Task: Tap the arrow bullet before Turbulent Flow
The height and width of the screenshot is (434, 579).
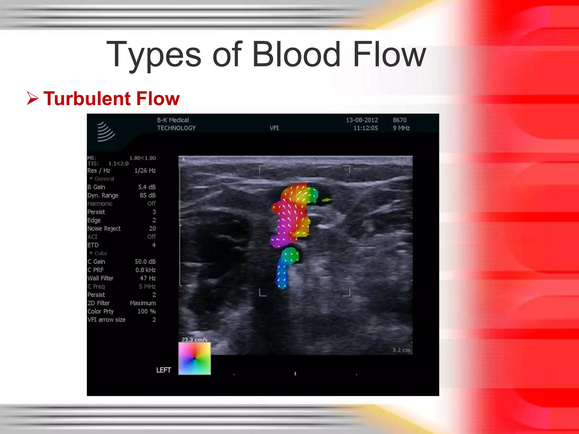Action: tap(33, 98)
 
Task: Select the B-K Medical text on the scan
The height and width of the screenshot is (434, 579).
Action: tap(173, 120)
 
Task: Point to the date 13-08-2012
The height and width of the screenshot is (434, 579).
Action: tap(362, 120)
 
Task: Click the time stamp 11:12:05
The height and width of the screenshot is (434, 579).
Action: tap(366, 128)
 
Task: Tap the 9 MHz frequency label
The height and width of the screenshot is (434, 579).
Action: tap(401, 128)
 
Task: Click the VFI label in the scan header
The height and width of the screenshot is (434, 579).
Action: tap(274, 128)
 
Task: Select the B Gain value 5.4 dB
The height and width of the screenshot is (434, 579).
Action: tap(147, 187)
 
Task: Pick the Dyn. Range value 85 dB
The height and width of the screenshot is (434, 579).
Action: tap(148, 195)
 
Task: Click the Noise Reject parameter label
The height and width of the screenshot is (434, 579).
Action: tap(104, 228)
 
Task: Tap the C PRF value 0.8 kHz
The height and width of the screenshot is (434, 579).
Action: tap(145, 270)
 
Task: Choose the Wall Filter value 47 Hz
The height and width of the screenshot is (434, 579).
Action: tap(148, 278)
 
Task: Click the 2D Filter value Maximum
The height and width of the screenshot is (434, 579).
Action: tap(143, 303)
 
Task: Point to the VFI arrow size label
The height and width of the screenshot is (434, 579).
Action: tap(107, 320)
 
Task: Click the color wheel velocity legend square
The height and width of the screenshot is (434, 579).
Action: tap(195, 358)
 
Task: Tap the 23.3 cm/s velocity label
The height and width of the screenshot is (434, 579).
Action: tap(195, 339)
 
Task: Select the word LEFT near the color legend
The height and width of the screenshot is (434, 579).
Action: tap(164, 370)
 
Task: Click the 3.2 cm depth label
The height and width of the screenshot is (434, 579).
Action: tap(401, 350)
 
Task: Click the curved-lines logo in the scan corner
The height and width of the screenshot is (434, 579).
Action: tap(105, 131)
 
